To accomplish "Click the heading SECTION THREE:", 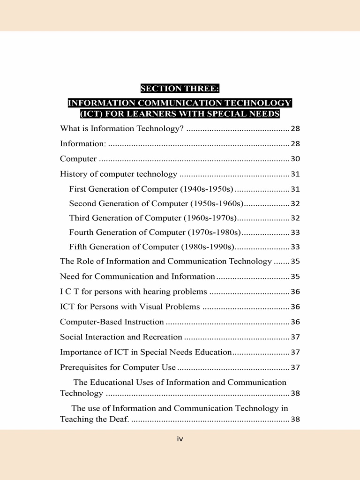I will pyautogui.click(x=180, y=88).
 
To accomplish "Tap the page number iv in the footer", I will pyautogui.click(x=180, y=439).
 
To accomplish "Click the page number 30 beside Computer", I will pyautogui.click(x=295, y=159).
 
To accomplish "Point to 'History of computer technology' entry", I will pyautogui.click(x=119, y=174).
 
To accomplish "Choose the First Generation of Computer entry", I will pyautogui.click(x=151, y=189).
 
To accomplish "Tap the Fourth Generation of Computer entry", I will pyautogui.click(x=155, y=232).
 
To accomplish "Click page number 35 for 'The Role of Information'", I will pyautogui.click(x=295, y=262).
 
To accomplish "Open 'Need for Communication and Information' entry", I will pyautogui.click(x=137, y=277).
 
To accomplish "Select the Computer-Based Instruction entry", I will pyautogui.click(x=112, y=322).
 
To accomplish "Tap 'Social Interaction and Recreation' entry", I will pyautogui.click(x=121, y=337).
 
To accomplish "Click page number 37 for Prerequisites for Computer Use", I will pyautogui.click(x=295, y=367).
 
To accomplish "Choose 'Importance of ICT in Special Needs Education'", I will pyautogui.click(x=146, y=352).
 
